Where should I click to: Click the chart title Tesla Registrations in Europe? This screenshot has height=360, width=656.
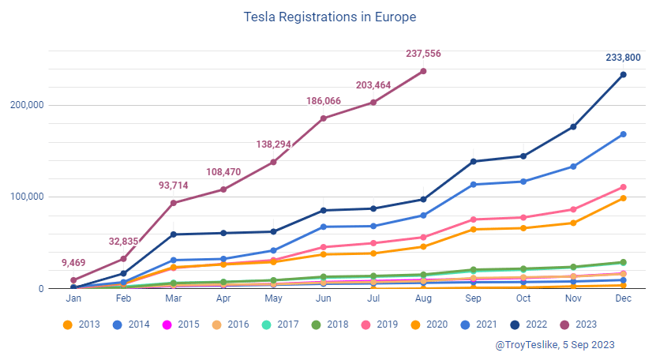point(329,17)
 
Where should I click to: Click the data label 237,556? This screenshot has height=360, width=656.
point(423,54)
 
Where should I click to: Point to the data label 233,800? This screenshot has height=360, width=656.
point(623,57)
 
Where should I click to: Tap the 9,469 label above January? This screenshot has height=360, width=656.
point(73,263)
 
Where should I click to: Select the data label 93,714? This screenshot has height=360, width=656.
point(174,185)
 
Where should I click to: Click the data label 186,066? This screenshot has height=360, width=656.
point(324,101)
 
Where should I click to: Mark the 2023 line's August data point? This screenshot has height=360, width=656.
point(423,71)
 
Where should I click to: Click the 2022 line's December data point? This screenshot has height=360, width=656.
point(623,75)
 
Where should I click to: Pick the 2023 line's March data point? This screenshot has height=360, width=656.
point(174,203)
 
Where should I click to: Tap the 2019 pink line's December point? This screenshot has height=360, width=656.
point(623,187)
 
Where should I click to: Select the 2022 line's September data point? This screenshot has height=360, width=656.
point(473,162)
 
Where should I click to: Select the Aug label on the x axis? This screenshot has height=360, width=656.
point(423,300)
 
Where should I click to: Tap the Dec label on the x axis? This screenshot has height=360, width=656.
point(623,300)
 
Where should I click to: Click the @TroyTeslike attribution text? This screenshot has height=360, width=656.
point(554,345)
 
